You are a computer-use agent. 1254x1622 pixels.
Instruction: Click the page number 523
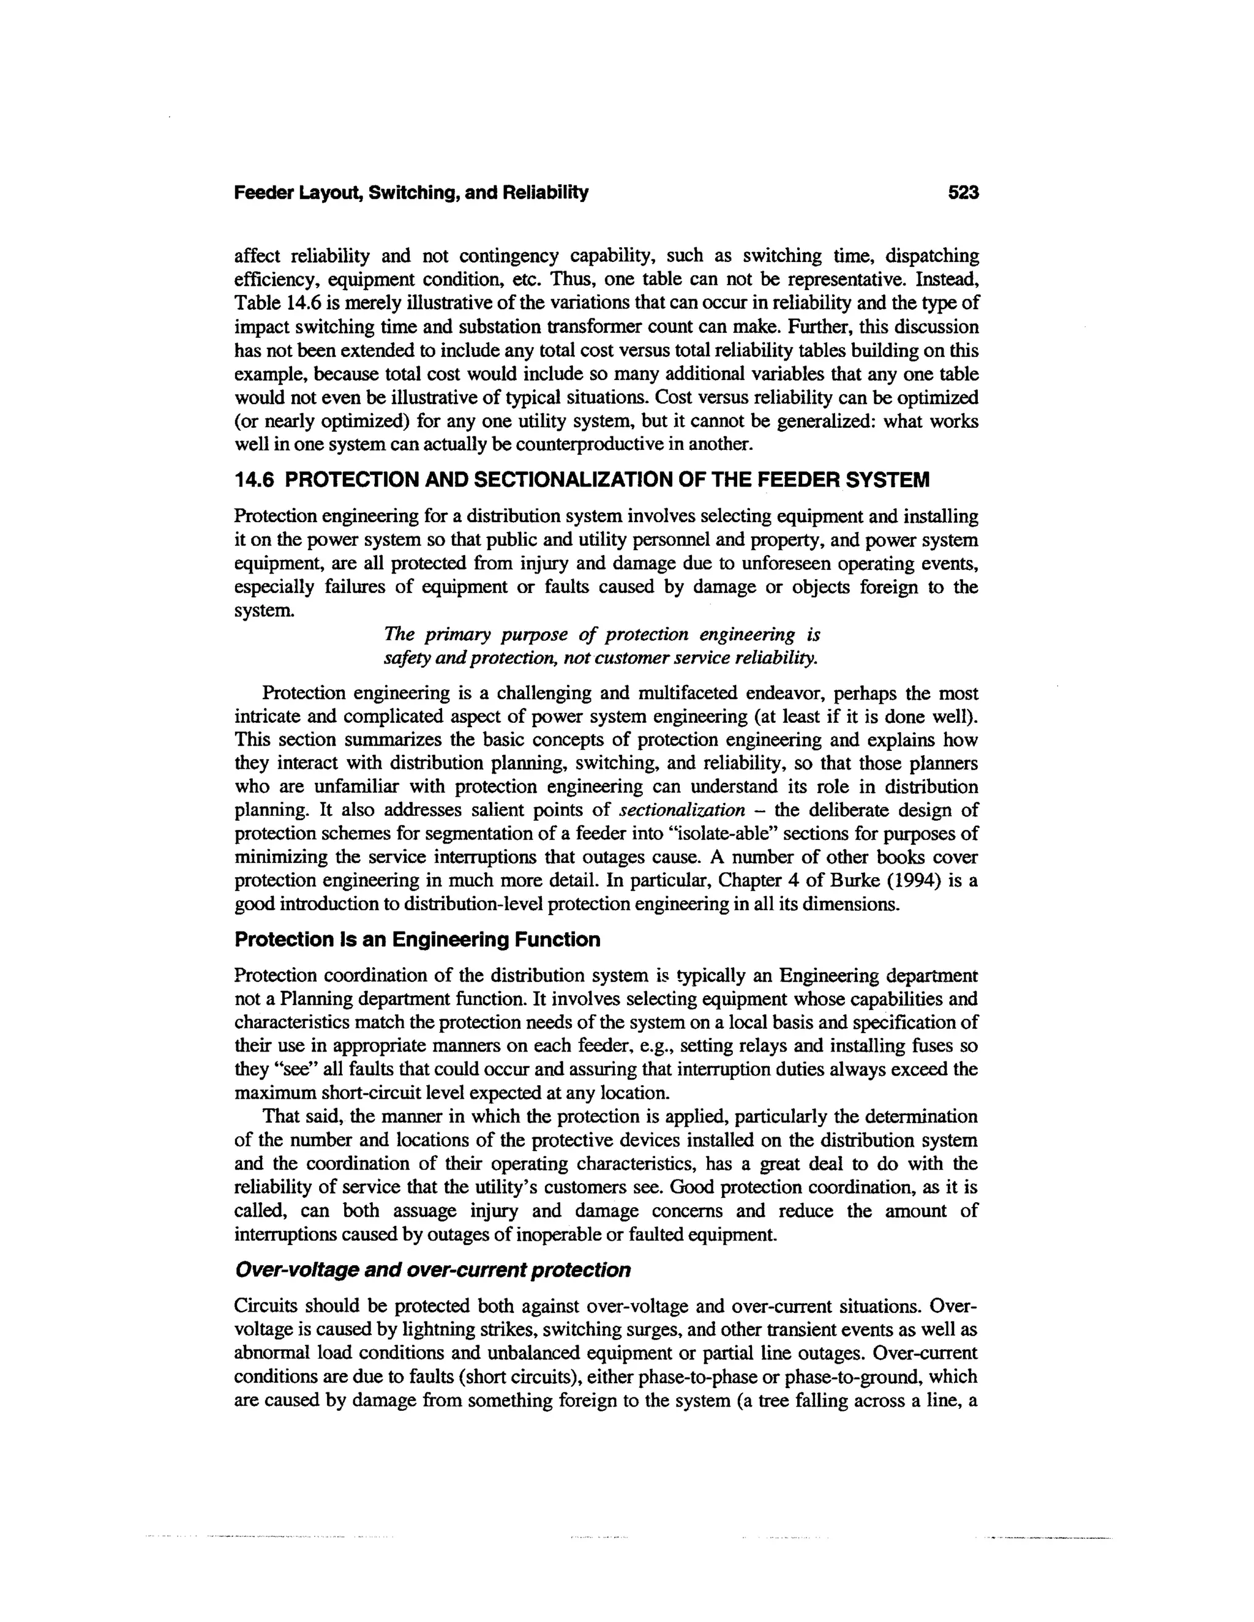pyautogui.click(x=964, y=193)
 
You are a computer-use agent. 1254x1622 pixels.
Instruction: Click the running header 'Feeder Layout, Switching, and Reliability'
pyautogui.click(x=411, y=193)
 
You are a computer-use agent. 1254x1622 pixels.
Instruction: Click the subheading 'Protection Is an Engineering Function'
pyautogui.click(x=417, y=940)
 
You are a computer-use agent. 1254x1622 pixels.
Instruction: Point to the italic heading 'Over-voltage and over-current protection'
pyautogui.click(x=432, y=1271)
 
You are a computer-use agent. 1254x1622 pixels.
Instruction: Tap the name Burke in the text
pyautogui.click(x=850, y=881)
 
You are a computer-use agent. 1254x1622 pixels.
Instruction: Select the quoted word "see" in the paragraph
pyautogui.click(x=279, y=1070)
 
